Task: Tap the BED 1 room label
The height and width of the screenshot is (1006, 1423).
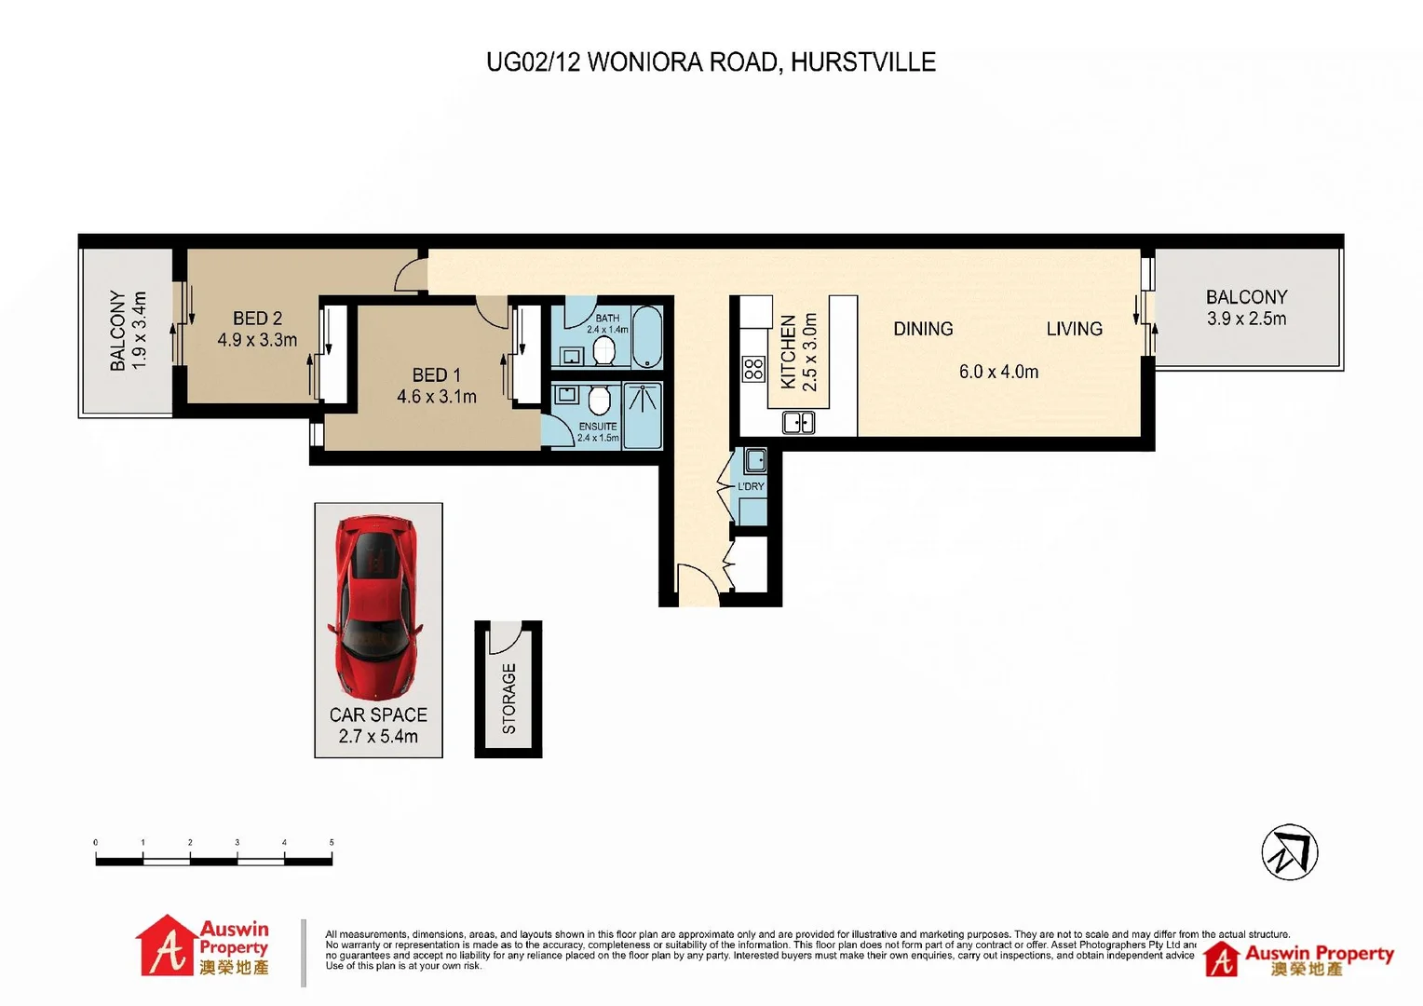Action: click(437, 375)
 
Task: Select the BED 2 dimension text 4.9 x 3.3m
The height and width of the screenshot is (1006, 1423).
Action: click(257, 340)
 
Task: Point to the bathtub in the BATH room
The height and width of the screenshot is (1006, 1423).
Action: click(647, 337)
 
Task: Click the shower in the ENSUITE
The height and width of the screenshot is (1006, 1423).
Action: click(643, 415)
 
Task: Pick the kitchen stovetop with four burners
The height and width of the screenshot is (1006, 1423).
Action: click(753, 369)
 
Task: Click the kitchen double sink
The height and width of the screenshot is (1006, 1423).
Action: click(799, 423)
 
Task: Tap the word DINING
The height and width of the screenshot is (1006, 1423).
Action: click(923, 329)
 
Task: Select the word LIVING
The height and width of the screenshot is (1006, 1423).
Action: click(1074, 329)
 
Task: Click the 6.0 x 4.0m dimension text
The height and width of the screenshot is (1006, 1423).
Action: click(998, 372)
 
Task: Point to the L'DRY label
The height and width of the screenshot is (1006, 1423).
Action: click(751, 486)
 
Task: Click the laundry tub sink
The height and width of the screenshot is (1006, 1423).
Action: click(755, 460)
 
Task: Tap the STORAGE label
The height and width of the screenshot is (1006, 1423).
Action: click(508, 699)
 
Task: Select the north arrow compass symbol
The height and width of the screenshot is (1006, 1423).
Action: click(1290, 852)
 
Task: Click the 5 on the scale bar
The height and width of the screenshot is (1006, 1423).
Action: click(332, 842)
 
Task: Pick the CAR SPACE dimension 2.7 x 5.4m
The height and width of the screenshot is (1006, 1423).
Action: click(378, 736)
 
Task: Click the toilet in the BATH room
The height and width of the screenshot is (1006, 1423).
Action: click(603, 351)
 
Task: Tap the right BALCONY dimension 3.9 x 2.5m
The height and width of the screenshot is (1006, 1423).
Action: click(1246, 319)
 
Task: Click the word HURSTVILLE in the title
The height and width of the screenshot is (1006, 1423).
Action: click(863, 62)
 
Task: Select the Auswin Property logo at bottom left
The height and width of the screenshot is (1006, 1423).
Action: click(203, 946)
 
